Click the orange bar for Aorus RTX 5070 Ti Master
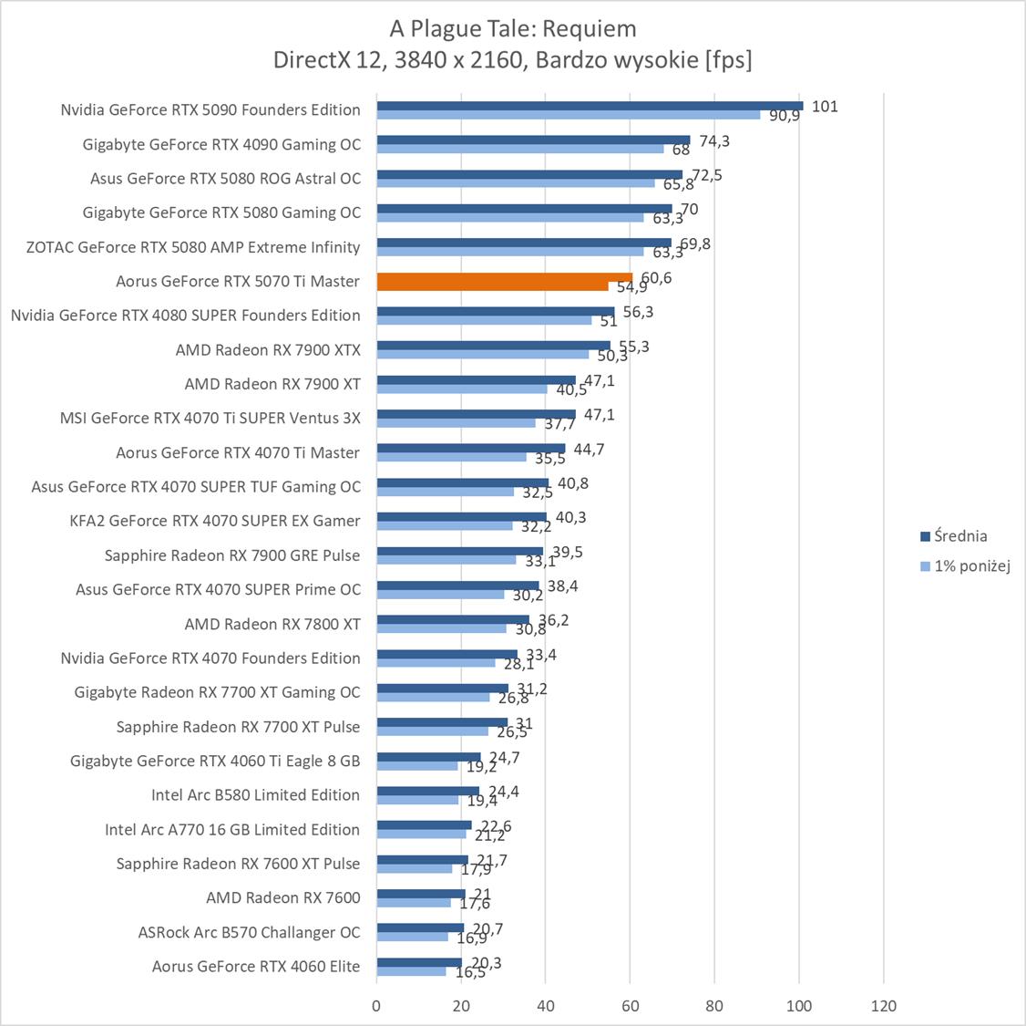point(504,277)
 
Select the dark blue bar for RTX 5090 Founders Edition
point(590,106)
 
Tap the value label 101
point(824,107)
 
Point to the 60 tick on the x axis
point(630,1006)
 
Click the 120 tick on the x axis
point(883,1006)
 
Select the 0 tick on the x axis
point(376,1006)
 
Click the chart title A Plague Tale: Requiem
point(513,29)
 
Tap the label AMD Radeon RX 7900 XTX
point(268,349)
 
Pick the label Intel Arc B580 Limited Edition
point(255,795)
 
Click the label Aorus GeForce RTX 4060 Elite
point(256,967)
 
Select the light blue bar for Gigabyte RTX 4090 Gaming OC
point(520,149)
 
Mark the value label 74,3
point(714,141)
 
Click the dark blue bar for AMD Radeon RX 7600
point(421,894)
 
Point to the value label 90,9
point(784,116)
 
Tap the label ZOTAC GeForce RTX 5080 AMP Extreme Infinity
point(193,247)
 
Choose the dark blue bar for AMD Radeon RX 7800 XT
point(453,619)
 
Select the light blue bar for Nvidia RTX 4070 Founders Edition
point(436,663)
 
